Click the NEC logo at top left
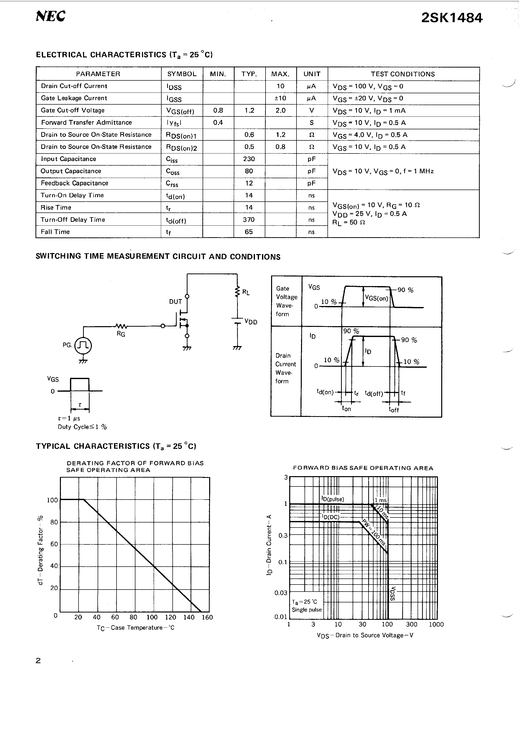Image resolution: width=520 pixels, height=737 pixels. click(51, 16)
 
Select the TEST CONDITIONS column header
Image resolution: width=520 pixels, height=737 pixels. click(403, 74)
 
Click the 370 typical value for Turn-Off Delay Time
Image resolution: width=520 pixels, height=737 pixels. click(249, 220)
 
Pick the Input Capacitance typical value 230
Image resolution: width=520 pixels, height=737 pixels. click(249, 159)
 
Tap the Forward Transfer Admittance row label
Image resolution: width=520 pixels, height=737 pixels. click(87, 122)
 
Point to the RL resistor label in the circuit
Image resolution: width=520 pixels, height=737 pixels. click(246, 292)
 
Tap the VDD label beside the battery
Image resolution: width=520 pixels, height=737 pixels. click(251, 322)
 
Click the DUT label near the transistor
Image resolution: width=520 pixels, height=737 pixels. click(175, 302)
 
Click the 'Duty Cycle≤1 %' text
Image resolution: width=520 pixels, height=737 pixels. click(82, 427)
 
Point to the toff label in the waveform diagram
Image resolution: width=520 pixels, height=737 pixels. click(394, 410)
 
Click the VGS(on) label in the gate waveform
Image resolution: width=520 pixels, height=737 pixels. click(377, 298)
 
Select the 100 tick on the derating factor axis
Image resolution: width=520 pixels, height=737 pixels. click(52, 500)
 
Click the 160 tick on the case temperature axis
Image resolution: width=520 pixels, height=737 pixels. click(207, 617)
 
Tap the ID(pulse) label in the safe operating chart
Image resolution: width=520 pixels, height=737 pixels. click(333, 499)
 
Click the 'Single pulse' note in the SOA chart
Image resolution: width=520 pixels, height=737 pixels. click(307, 609)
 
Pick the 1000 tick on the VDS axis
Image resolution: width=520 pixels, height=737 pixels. click(436, 624)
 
